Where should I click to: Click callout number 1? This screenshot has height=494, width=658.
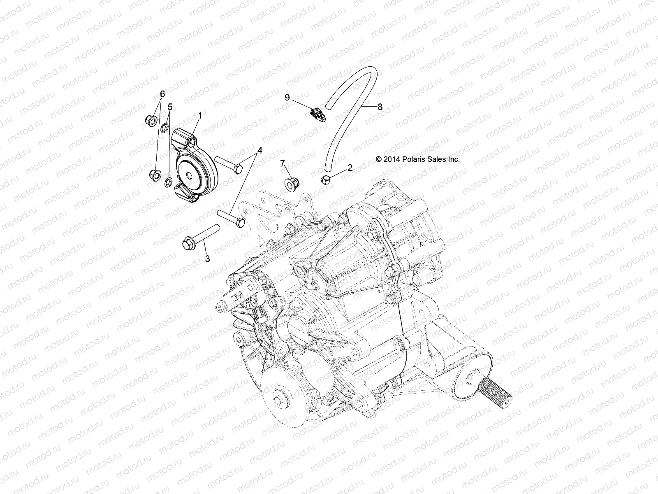pos(200,117)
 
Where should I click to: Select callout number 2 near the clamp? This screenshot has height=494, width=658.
pos(350,167)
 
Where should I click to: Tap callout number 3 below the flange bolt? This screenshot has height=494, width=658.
pos(207,259)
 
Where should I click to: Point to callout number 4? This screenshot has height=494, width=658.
pos(259,150)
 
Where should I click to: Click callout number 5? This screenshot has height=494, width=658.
pos(170,107)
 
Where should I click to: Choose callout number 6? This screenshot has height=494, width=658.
pos(162,94)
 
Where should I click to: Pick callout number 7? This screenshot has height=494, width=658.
pos(294,163)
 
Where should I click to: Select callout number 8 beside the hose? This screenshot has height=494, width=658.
pos(380,107)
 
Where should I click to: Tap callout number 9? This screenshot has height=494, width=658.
pos(299,97)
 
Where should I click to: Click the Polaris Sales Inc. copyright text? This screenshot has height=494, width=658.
pos(417,159)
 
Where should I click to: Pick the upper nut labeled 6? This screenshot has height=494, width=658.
pos(151,120)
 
